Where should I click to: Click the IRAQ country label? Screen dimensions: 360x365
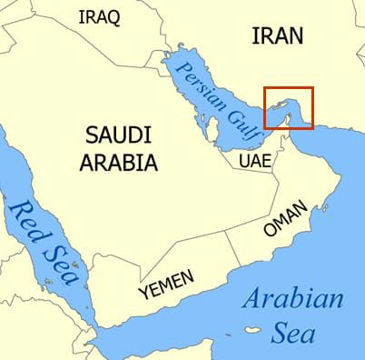[x=100, y=18]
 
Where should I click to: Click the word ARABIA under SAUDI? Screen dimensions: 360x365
[x=121, y=164]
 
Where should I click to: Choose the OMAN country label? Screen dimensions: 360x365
[x=285, y=217]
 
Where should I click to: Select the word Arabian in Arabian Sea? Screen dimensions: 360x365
[x=294, y=298]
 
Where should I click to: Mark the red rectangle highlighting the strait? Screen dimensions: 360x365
[x=288, y=108]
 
